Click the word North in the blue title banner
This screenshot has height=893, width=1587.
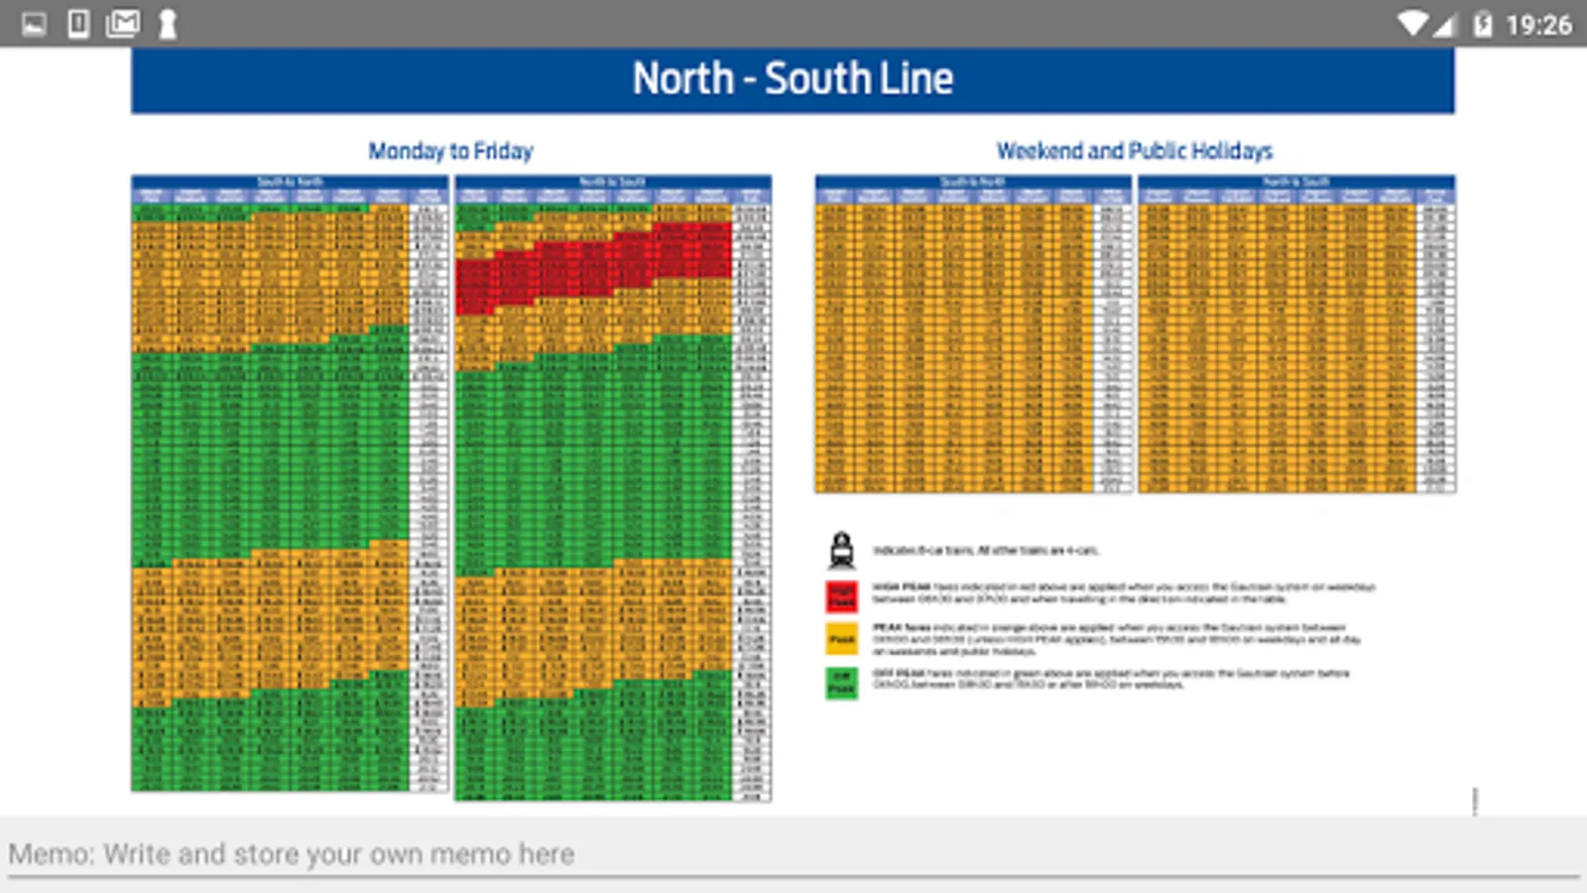point(683,79)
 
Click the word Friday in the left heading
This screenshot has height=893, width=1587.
point(503,151)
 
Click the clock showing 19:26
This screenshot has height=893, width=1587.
point(1538,24)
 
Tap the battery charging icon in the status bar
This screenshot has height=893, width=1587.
point(1482,24)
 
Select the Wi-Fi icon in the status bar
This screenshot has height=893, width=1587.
point(1411,23)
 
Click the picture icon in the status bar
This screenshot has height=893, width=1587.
point(34,23)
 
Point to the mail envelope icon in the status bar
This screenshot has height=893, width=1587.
point(123,23)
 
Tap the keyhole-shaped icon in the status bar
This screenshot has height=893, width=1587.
point(168,24)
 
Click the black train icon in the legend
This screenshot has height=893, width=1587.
point(842,550)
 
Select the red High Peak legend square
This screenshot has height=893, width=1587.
point(842,595)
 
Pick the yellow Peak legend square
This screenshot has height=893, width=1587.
point(842,639)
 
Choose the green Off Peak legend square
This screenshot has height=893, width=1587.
point(842,683)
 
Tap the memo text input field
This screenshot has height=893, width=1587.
point(793,854)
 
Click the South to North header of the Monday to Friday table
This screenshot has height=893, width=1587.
point(290,182)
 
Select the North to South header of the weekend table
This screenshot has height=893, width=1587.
point(1295,182)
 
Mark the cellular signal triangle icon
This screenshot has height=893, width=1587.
point(1443,25)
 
